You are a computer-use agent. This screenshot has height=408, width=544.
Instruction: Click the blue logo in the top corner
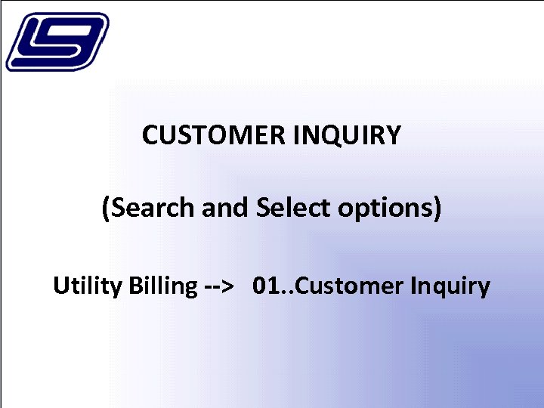[x=57, y=42]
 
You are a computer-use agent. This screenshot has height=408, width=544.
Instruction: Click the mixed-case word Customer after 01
[x=344, y=286]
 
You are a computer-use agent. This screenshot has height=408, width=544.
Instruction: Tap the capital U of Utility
[x=60, y=286]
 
